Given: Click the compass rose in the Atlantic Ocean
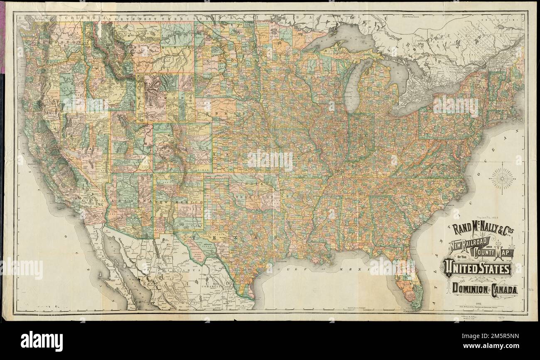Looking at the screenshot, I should (x=502, y=179).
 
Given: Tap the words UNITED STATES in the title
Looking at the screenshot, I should (x=477, y=269).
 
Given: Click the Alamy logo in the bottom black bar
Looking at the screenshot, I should (x=42, y=341).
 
